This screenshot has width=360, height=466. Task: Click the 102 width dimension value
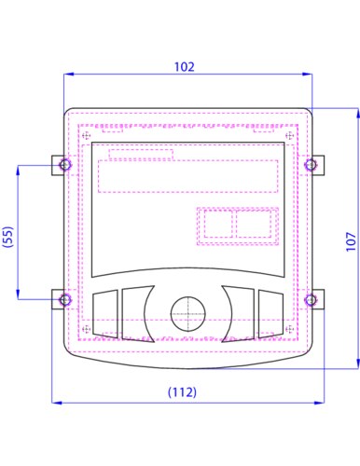pyautogui.click(x=184, y=67)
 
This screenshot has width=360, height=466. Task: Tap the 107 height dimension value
pyautogui.click(x=351, y=241)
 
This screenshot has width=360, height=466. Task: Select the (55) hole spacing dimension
pyautogui.click(x=8, y=237)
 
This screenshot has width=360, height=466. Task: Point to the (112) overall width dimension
pyautogui.click(x=182, y=392)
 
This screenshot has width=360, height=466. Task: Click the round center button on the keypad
pyautogui.click(x=188, y=314)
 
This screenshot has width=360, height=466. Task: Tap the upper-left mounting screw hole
pyautogui.click(x=65, y=165)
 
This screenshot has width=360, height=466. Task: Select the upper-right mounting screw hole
pyautogui.click(x=311, y=165)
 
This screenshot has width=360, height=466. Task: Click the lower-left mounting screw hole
pyautogui.click(x=65, y=300)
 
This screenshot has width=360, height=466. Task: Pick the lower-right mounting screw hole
pyautogui.click(x=311, y=300)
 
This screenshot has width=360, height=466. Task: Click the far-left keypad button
pyautogui.click(x=105, y=313)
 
